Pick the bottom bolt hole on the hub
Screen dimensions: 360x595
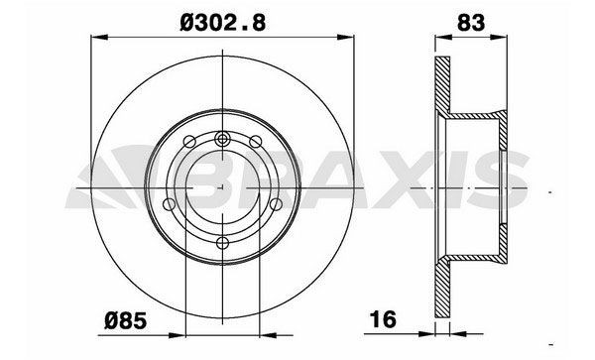pos(223,243)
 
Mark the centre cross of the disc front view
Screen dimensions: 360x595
pos(223,189)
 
